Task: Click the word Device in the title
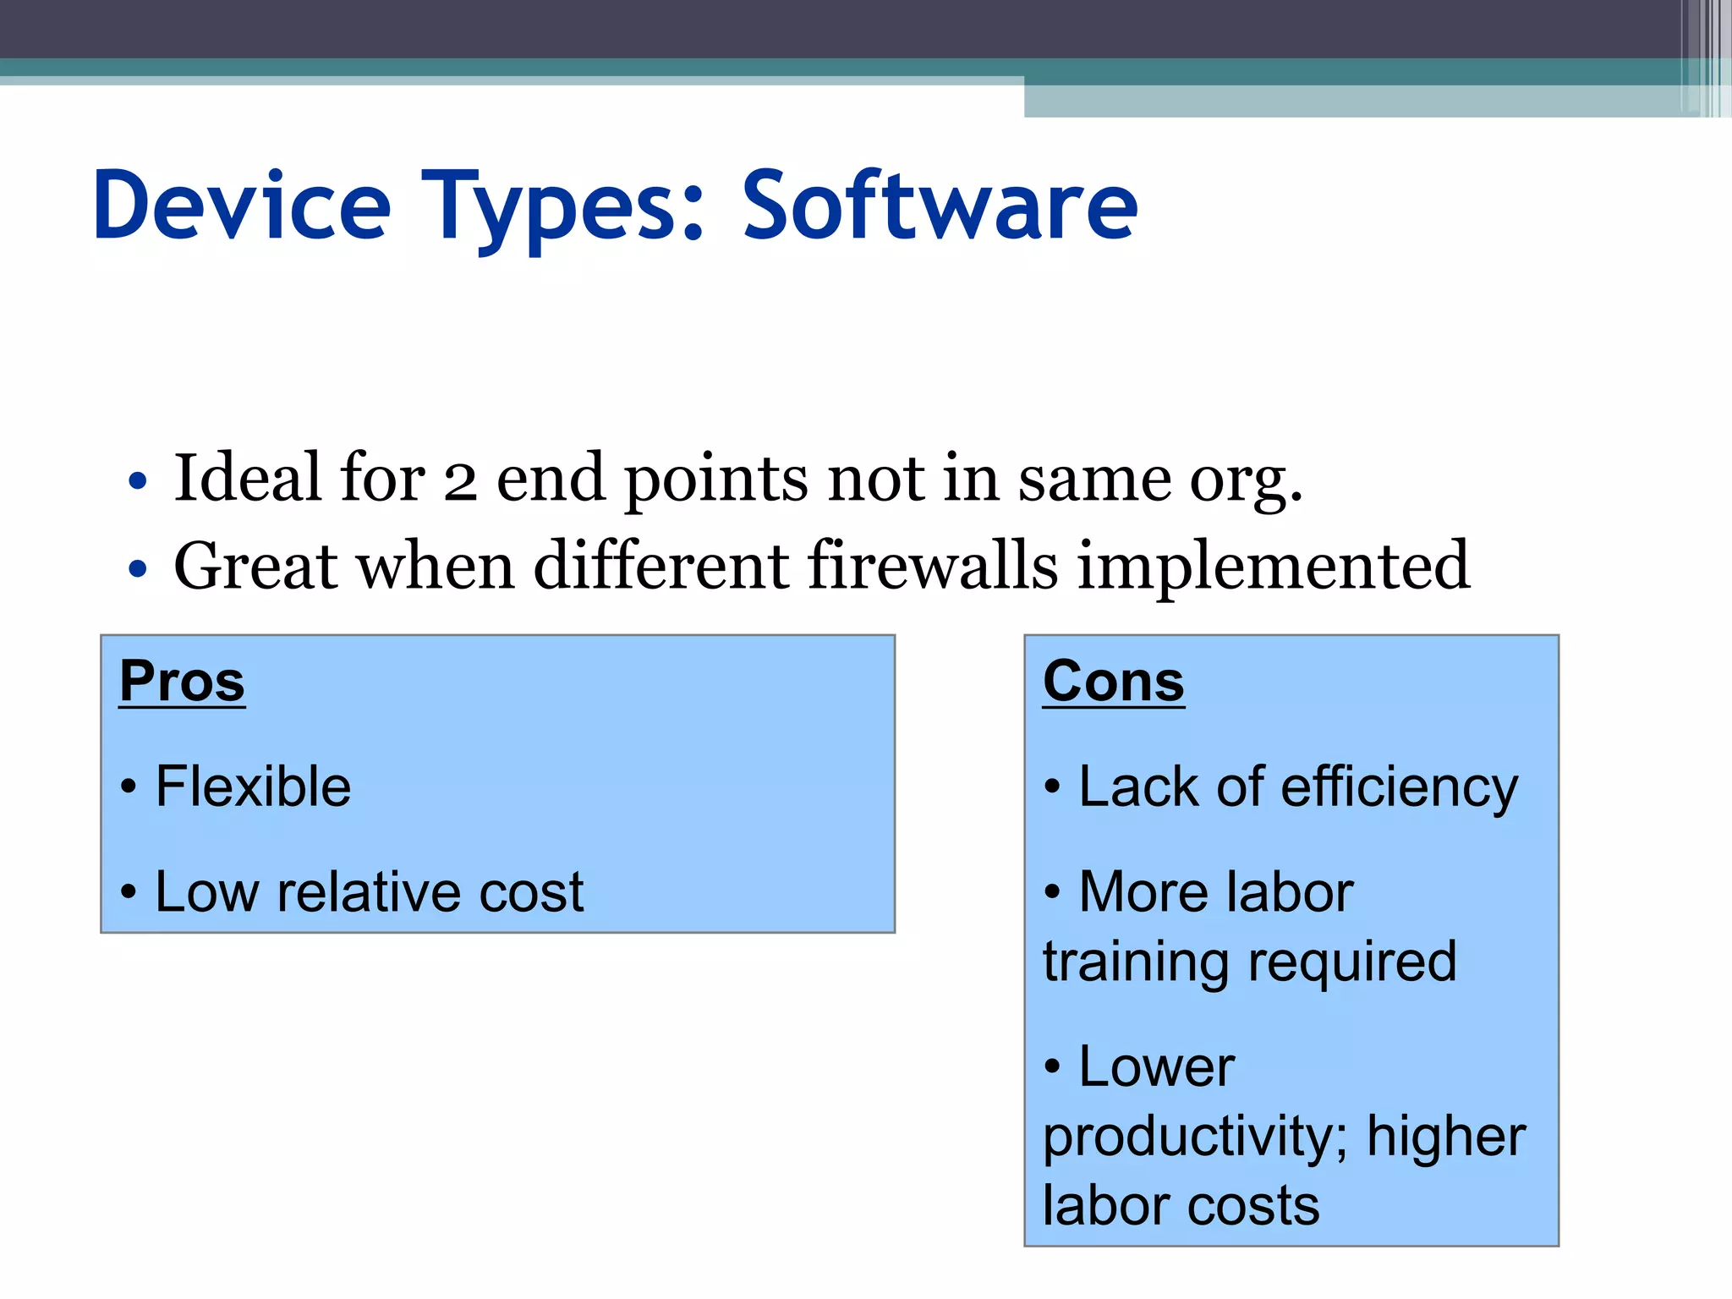pyautogui.click(x=242, y=206)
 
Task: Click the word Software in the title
pyautogui.click(x=940, y=206)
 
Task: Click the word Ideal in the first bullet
pyautogui.click(x=248, y=478)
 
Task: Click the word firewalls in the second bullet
pyautogui.click(x=933, y=565)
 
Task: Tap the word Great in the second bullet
pyautogui.click(x=256, y=566)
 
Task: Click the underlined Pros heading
pyautogui.click(x=182, y=682)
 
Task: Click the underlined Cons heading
pyautogui.click(x=1113, y=682)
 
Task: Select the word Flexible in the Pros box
pyautogui.click(x=253, y=787)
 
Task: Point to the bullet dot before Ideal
pyautogui.click(x=137, y=482)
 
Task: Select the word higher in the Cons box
pyautogui.click(x=1446, y=1136)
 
